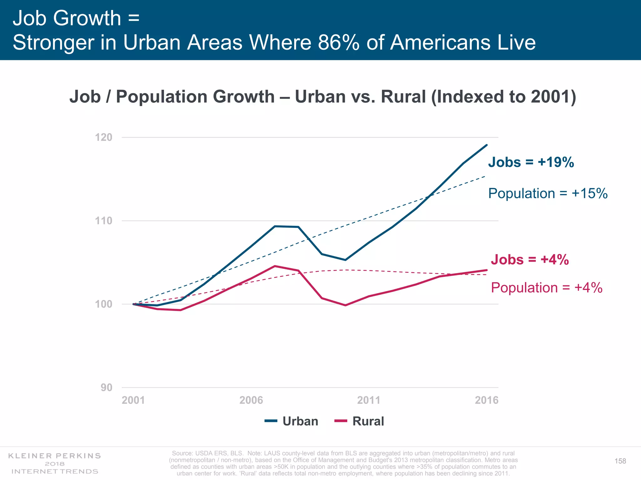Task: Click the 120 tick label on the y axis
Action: pyautogui.click(x=103, y=137)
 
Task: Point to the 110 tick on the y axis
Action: pyautogui.click(x=103, y=221)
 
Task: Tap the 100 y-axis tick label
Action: pyautogui.click(x=103, y=304)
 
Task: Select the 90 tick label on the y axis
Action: pyautogui.click(x=106, y=387)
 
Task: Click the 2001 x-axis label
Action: pyautogui.click(x=133, y=400)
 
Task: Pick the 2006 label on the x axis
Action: pyautogui.click(x=251, y=400)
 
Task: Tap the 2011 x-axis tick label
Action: pyautogui.click(x=369, y=400)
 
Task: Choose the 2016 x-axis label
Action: pyautogui.click(x=486, y=400)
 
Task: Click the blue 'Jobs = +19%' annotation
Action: pyautogui.click(x=531, y=162)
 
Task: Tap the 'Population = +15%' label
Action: pyautogui.click(x=548, y=193)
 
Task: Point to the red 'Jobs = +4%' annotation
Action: pyautogui.click(x=530, y=260)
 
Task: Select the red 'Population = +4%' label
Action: pyautogui.click(x=546, y=288)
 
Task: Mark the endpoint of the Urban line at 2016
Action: pyautogui.click(x=487, y=145)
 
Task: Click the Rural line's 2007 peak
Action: pyautogui.click(x=275, y=266)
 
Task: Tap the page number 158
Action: pyautogui.click(x=620, y=461)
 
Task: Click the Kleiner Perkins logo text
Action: pyautogui.click(x=54, y=456)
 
